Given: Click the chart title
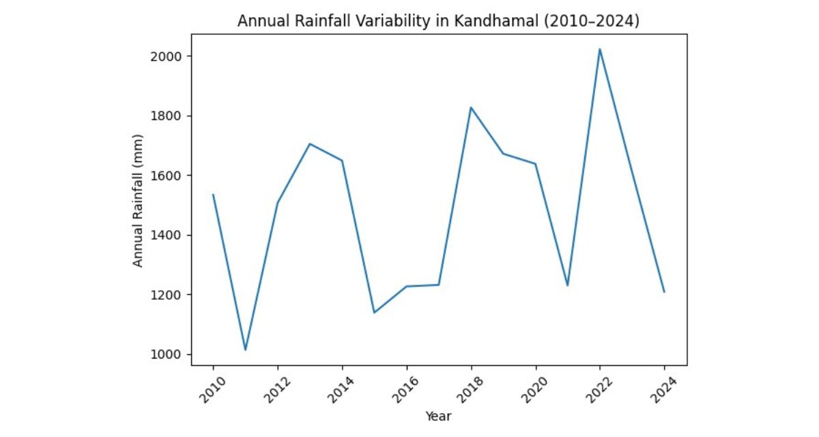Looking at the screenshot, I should point(438,21).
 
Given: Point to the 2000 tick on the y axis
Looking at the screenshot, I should point(169,56).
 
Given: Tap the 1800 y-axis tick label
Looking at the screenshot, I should point(169,116).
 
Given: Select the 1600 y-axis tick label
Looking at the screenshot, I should point(169,175).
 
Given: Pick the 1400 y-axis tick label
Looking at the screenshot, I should point(169,236).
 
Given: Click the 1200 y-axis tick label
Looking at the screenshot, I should point(169,295).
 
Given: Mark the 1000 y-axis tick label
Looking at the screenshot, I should point(169,354).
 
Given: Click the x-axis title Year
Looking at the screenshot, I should point(438,416).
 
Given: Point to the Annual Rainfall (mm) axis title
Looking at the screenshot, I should point(138,206).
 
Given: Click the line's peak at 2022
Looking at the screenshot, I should point(599,49).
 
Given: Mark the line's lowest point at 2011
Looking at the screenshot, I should point(245,350).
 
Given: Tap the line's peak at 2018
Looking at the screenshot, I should point(471,108).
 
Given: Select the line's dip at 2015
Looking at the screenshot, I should point(374,313).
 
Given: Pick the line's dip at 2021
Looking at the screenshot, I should point(567,285).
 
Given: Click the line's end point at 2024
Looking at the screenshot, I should point(664,292).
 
